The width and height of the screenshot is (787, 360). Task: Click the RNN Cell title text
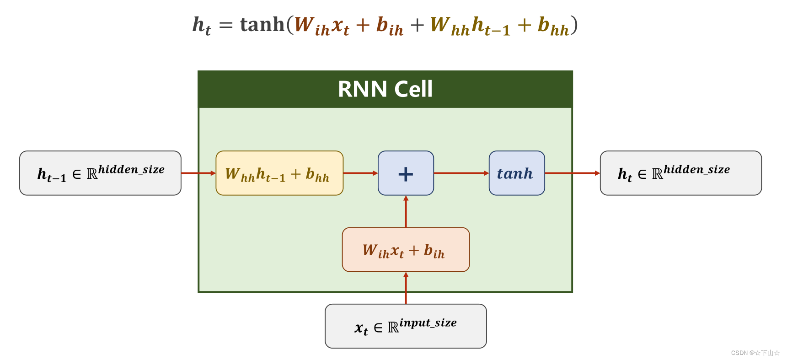(x=385, y=89)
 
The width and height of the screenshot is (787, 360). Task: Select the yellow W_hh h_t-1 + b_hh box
(x=279, y=173)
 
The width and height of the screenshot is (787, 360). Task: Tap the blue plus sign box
(x=406, y=173)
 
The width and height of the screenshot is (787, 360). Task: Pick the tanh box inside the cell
(x=517, y=173)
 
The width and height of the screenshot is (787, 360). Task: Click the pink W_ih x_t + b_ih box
(x=406, y=250)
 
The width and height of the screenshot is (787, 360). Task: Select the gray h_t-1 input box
(x=100, y=173)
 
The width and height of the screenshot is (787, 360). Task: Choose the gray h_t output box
(x=680, y=173)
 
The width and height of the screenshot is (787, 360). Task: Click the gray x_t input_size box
(x=406, y=326)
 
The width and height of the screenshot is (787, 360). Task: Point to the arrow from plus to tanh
(x=461, y=173)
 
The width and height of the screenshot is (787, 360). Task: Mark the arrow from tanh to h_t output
(x=572, y=173)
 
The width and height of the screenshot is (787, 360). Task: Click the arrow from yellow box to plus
(x=360, y=173)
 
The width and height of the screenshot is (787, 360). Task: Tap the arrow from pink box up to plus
(x=406, y=212)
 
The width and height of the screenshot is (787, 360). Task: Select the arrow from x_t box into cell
(x=406, y=288)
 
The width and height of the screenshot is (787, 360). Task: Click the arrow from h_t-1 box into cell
(x=198, y=173)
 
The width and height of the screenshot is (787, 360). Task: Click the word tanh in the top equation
(x=262, y=25)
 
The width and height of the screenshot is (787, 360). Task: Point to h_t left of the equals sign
(x=202, y=26)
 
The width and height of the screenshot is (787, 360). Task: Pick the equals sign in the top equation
(x=226, y=26)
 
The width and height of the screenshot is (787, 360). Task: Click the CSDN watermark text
(x=755, y=353)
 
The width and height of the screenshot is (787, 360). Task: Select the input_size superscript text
(x=428, y=322)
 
